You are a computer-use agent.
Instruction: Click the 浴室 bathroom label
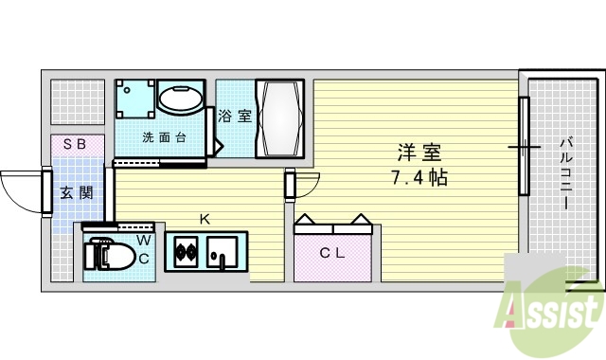[x=235, y=117]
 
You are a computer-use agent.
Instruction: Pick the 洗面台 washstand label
[x=164, y=137]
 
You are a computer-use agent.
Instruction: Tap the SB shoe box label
[x=75, y=144]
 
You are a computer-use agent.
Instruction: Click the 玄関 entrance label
[x=76, y=192]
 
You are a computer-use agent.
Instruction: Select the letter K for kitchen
[x=204, y=220]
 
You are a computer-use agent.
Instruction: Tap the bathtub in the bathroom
[x=281, y=118]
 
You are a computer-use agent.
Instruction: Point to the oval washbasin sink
[x=180, y=99]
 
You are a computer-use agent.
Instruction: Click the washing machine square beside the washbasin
[x=134, y=98]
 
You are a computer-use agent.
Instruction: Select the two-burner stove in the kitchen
[x=184, y=252]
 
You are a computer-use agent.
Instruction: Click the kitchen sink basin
[x=225, y=252]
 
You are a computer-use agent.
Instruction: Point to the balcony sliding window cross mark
[x=523, y=147]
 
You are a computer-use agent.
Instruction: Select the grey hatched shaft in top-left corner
[x=78, y=100]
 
